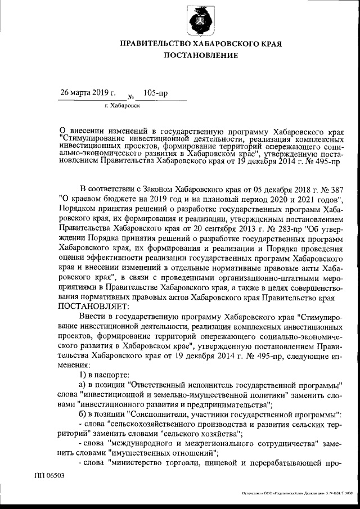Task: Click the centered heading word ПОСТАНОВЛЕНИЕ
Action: (x=201, y=55)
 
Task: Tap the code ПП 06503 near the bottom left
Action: (x=49, y=475)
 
